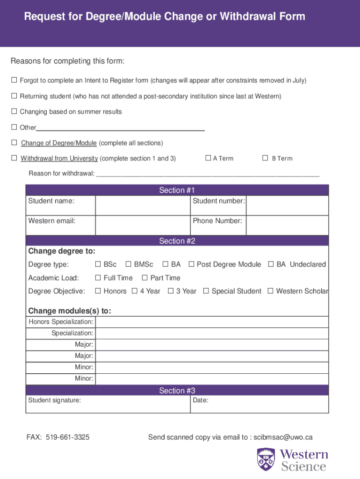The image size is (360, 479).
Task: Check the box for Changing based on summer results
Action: (14, 111)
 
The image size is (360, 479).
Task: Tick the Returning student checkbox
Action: (14, 96)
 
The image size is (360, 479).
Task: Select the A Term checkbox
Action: (209, 158)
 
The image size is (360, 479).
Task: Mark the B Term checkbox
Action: (265, 158)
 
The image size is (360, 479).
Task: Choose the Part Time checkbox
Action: (145, 278)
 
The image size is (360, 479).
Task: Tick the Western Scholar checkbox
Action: (270, 291)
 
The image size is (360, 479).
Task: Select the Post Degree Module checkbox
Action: (191, 264)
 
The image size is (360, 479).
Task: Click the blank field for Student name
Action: (143, 205)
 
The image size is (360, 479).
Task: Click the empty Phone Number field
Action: (287, 225)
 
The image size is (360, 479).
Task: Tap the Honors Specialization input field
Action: (211, 322)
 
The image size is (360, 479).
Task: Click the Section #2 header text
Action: (177, 241)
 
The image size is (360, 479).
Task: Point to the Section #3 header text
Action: (177, 391)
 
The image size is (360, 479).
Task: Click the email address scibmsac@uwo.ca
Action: (283, 437)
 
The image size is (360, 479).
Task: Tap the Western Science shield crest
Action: (266, 459)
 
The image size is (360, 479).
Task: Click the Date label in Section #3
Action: (201, 400)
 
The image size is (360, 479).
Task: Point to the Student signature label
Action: (54, 400)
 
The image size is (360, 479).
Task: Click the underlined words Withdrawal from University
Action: (59, 158)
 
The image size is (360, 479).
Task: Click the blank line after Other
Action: (121, 128)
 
